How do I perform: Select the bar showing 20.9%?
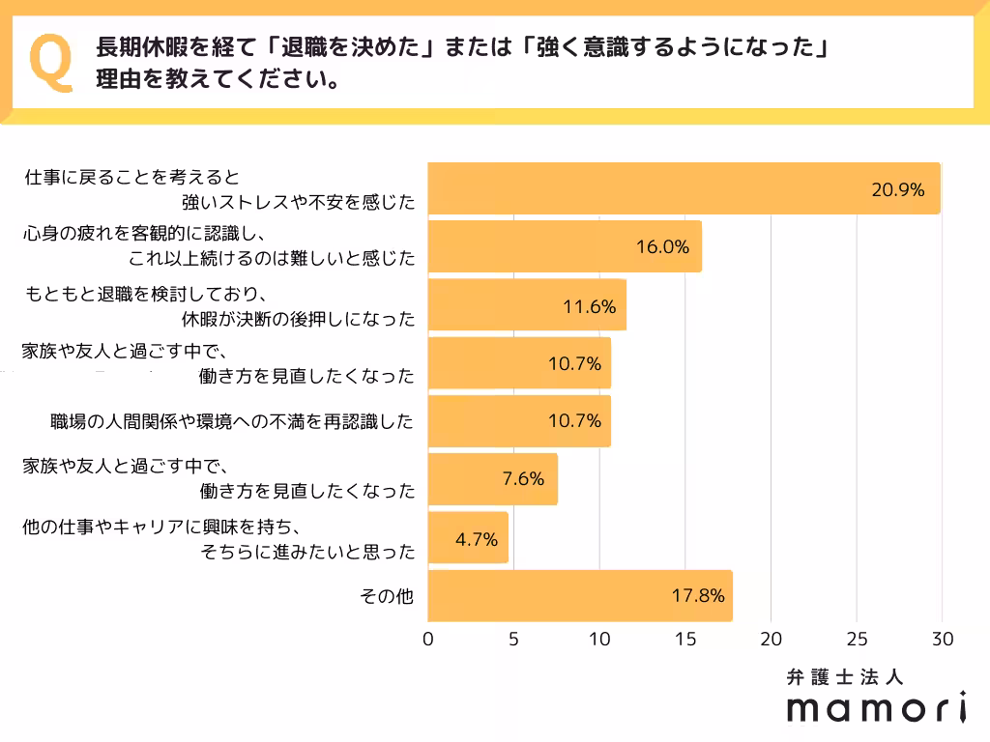tap(683, 188)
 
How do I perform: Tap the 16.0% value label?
tap(662, 246)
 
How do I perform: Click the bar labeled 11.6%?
tap(526, 305)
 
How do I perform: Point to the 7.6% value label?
tap(523, 478)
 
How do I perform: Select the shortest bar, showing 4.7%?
tap(467, 537)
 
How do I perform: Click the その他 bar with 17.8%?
tap(579, 595)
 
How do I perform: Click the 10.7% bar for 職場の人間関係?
tap(518, 421)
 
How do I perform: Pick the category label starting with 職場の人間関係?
tap(232, 421)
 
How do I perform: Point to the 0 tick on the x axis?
tap(428, 639)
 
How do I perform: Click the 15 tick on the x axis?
tap(684, 639)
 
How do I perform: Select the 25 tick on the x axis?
tap(856, 639)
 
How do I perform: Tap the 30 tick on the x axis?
tap(942, 639)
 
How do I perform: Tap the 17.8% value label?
tap(698, 595)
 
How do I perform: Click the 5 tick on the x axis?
tap(513, 639)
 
